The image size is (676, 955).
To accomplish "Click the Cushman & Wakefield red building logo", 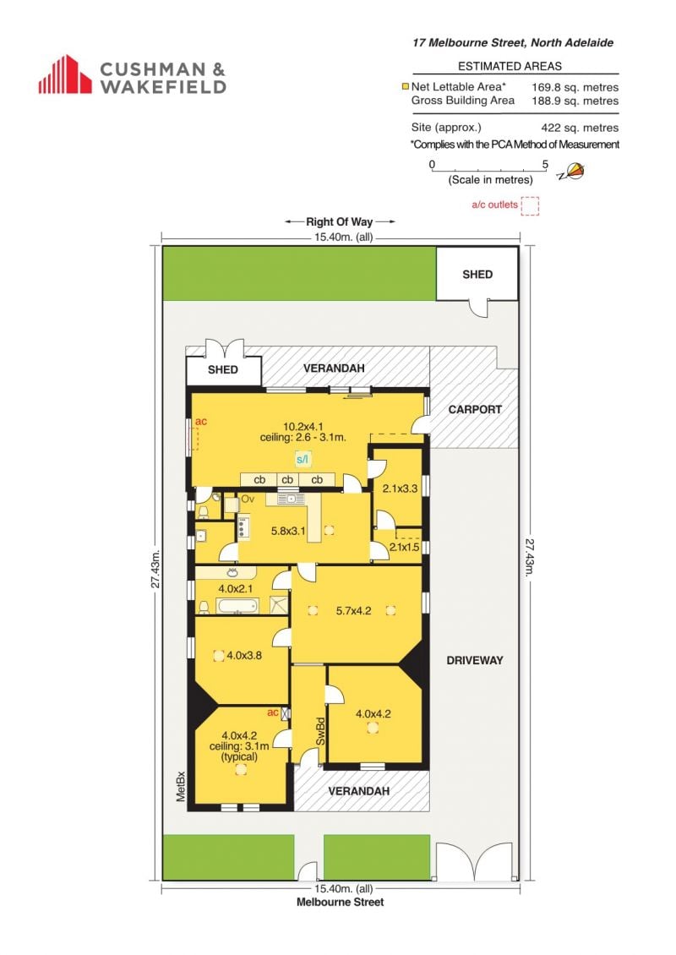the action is click(65, 74).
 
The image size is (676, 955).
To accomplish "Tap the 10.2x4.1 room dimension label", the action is click(303, 426).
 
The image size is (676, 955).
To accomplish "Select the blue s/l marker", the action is click(303, 459).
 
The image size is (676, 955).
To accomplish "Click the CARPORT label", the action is click(475, 409).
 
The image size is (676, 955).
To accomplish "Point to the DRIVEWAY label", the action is click(474, 660).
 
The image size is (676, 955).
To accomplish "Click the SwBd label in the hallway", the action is click(320, 731).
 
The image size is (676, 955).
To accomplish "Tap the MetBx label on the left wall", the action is click(180, 786).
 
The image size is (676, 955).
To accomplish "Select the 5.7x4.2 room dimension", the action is click(353, 610).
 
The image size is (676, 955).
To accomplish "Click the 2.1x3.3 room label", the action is click(400, 488).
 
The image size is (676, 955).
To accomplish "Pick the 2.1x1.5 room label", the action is click(405, 547).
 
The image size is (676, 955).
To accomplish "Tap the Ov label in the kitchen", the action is click(248, 499).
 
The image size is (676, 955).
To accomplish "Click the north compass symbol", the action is click(571, 172).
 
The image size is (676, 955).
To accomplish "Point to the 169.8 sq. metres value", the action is click(575, 87).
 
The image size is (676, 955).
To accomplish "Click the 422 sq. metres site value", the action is click(580, 128).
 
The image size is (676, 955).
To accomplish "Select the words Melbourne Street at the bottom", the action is click(340, 902).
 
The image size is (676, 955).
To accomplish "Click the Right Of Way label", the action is click(339, 221).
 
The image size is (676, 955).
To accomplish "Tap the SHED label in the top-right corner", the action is click(477, 274).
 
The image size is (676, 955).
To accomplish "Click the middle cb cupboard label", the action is click(286, 480).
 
